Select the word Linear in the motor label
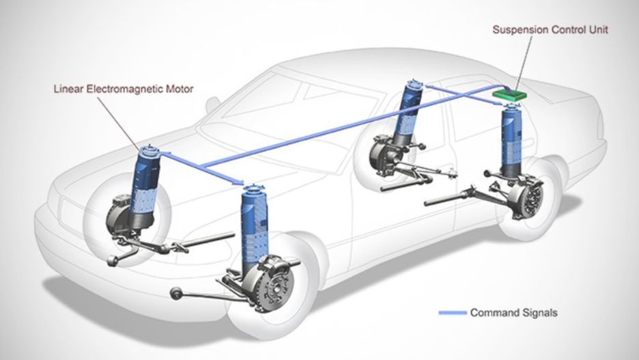(70, 88)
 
